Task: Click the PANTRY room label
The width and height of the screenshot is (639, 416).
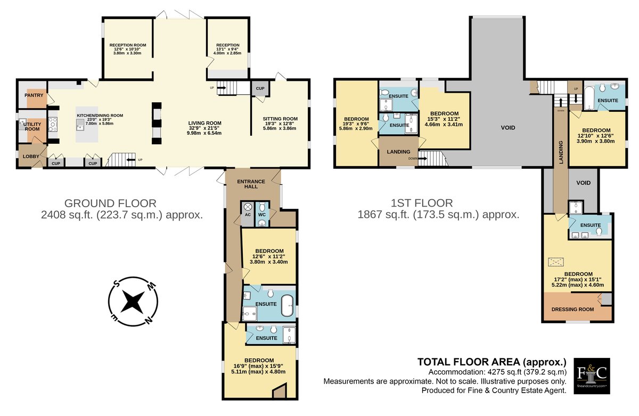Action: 34,95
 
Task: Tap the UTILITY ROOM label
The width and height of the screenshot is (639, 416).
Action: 32,127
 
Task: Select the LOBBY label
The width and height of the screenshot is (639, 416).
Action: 31,157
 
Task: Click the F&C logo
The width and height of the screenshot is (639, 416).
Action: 592,376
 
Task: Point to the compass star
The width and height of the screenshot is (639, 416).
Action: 133,301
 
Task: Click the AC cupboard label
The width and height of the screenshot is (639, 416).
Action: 248,215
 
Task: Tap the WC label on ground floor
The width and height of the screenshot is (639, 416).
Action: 262,215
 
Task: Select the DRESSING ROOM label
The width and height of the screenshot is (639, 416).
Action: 572,309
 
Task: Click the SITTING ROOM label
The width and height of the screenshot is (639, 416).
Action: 280,119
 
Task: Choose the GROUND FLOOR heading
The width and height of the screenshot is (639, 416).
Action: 110,203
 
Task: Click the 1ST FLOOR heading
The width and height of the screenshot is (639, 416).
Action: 422,203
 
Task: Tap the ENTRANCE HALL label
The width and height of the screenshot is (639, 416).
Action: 251,184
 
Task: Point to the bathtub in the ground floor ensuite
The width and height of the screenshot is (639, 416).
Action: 287,306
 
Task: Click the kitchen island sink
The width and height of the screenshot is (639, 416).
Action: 80,125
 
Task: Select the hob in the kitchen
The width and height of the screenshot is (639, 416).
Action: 53,125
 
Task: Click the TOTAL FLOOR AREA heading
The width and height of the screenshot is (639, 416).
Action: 492,362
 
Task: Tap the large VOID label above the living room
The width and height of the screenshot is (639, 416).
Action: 508,127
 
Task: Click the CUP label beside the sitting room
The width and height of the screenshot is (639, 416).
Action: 260,88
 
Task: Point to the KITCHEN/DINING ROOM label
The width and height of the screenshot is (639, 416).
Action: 100,116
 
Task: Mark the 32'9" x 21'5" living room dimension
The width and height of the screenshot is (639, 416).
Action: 204,128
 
